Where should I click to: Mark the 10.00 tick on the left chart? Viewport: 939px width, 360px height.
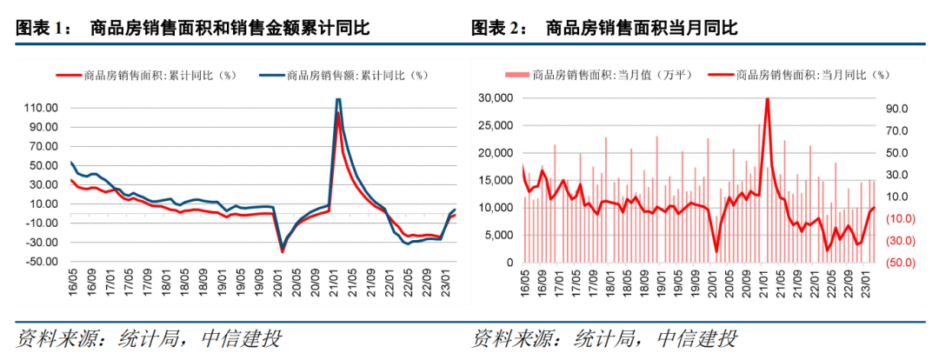point(42,204)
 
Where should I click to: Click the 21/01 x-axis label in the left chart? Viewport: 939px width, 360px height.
point(336,283)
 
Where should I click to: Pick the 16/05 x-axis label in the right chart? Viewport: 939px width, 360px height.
point(525,283)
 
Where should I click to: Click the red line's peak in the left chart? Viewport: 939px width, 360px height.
point(337,114)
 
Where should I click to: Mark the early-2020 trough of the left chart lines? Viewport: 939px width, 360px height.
point(282,251)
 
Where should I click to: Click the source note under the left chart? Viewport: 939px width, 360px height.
point(149,338)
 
